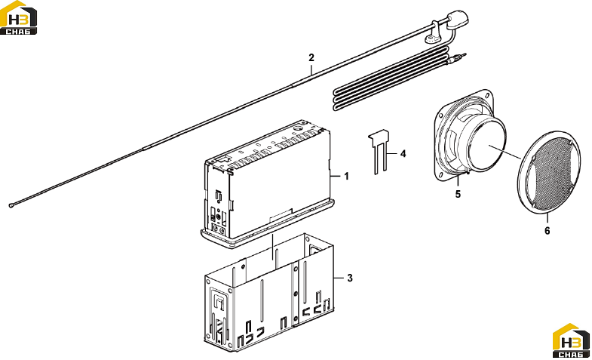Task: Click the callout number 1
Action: [346, 176]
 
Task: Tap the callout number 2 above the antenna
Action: [311, 57]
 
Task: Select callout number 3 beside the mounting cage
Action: [350, 278]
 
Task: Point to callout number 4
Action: [403, 154]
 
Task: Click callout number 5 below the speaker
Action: [458, 194]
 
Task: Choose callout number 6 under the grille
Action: [547, 230]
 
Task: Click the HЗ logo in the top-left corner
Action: [19, 18]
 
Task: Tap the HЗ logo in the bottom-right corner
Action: [571, 340]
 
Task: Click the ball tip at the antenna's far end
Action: [11, 205]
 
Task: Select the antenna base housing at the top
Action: [457, 19]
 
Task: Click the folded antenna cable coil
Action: [391, 78]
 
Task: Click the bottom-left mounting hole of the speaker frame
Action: [440, 174]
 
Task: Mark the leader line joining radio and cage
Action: [272, 248]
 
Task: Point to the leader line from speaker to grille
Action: [505, 152]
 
